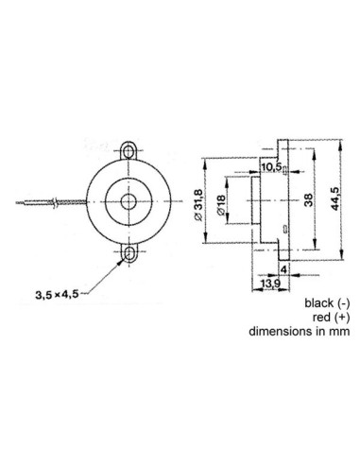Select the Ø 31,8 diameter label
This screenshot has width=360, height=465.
click(x=196, y=200)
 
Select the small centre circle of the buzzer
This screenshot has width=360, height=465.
click(x=127, y=201)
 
